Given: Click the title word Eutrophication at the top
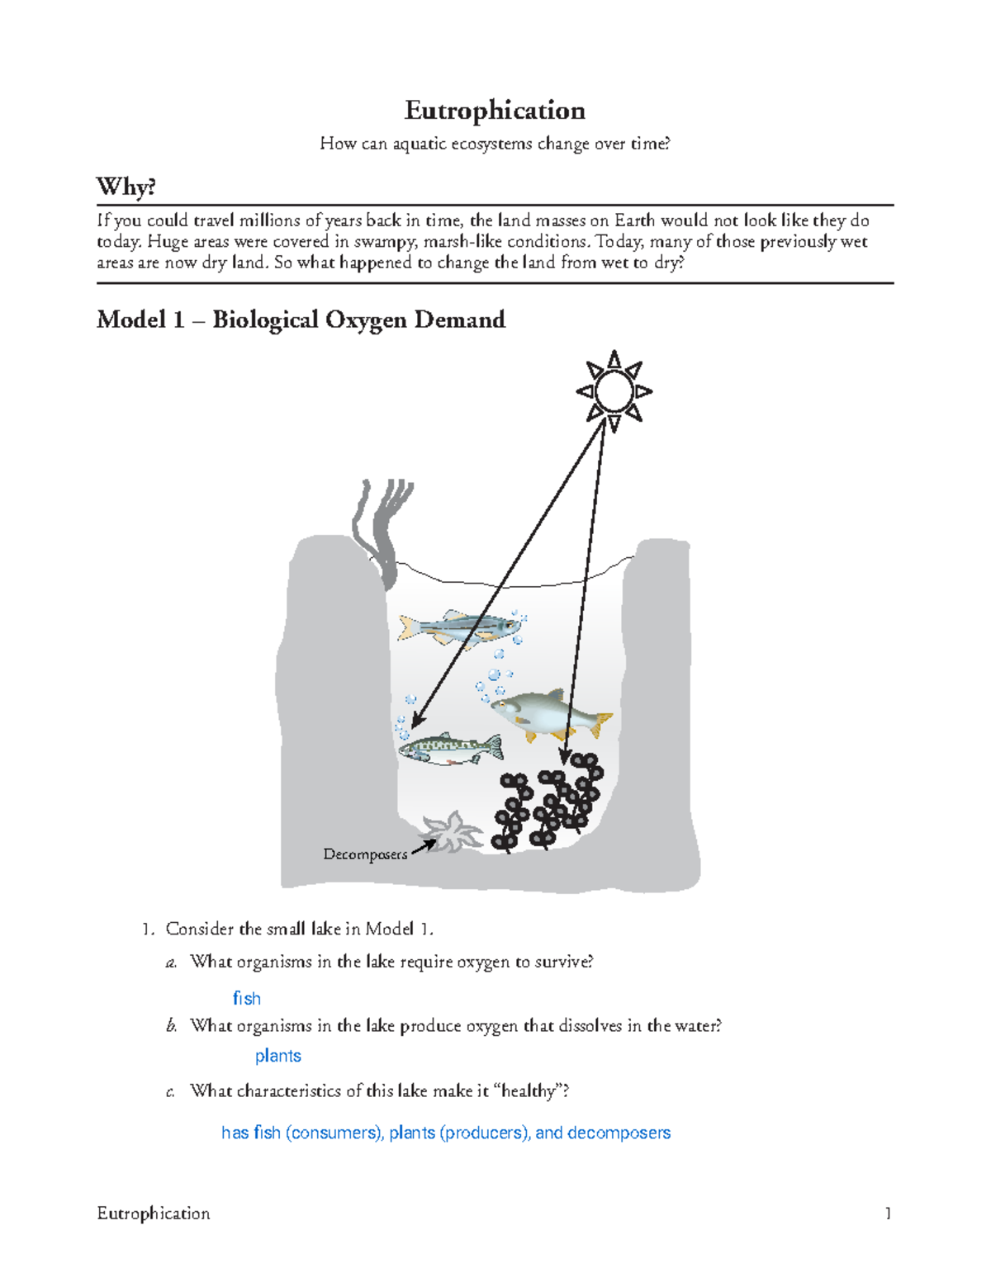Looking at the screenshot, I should [x=495, y=111].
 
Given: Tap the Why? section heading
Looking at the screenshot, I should [x=126, y=187].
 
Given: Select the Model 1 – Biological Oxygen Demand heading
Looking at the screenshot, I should [x=301, y=319].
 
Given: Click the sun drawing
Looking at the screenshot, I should [x=614, y=391].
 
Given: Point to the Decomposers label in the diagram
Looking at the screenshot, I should [x=365, y=854].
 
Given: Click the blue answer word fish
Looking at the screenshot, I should [x=247, y=999].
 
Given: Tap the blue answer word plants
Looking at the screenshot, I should [x=278, y=1056].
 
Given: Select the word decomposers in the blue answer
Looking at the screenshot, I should [x=619, y=1133].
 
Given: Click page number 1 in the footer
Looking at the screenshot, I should [x=888, y=1213].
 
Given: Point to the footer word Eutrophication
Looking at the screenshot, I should [x=154, y=1213].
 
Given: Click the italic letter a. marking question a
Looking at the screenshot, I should [x=172, y=963].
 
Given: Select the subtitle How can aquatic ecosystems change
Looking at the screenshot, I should [x=495, y=144].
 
